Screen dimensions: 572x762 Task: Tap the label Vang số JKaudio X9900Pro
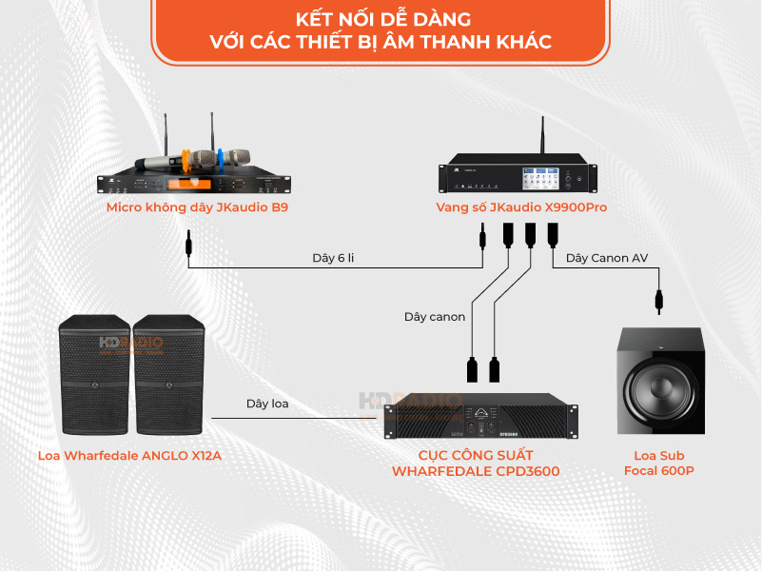click(521, 207)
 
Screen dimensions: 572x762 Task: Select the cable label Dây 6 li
click(333, 258)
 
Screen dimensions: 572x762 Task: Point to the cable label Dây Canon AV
click(606, 258)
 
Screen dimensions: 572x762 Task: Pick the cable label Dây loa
click(267, 404)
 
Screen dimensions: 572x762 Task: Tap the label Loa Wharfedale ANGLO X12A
click(129, 455)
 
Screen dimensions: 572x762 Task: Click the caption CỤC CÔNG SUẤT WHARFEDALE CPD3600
click(476, 463)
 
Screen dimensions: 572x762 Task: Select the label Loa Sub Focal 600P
click(658, 463)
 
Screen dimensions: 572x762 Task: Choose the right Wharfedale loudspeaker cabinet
click(168, 375)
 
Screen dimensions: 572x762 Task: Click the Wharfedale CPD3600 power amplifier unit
click(480, 419)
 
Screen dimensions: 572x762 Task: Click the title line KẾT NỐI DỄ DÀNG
click(381, 19)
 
